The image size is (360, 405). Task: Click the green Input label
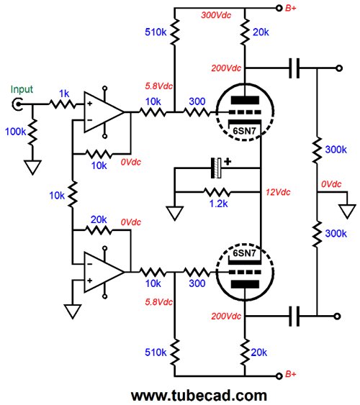click(22, 89)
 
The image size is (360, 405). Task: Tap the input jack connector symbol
click(17, 104)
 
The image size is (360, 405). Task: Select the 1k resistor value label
click(64, 94)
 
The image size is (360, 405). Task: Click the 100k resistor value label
click(16, 132)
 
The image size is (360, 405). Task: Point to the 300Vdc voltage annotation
click(216, 15)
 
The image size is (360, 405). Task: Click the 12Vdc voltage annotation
click(278, 192)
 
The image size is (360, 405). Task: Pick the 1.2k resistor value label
click(219, 204)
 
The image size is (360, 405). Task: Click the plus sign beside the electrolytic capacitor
click(228, 162)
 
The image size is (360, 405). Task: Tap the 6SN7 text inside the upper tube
click(245, 131)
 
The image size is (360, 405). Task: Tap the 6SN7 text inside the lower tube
click(245, 253)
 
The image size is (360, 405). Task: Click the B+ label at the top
click(291, 8)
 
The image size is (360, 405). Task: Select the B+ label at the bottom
click(291, 374)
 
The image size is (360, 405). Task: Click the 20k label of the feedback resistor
click(99, 220)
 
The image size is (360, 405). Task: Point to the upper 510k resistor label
click(156, 32)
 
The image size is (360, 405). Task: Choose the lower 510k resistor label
click(156, 352)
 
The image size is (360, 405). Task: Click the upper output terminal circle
click(339, 68)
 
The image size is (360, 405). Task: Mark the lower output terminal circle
click(337, 316)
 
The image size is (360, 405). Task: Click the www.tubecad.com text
click(199, 396)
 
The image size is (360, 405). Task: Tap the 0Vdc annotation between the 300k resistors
click(331, 184)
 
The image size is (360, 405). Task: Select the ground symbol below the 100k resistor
click(33, 168)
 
